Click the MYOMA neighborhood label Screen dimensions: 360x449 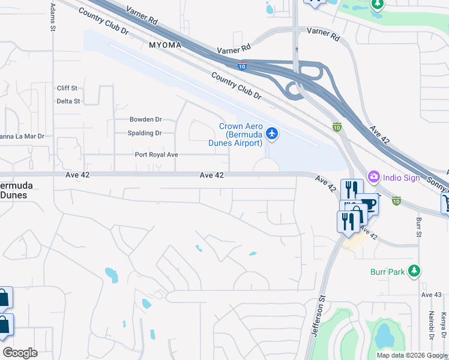click(164, 45)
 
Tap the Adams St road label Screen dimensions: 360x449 click(53, 17)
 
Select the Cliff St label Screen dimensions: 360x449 click(67, 88)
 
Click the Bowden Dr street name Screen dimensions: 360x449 click(146, 119)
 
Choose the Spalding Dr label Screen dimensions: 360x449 click(145, 133)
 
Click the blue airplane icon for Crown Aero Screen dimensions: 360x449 click(272, 133)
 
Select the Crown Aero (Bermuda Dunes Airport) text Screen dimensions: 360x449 click(240, 134)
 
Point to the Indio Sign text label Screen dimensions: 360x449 click(402, 176)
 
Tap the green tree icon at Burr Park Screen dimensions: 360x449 click(413, 271)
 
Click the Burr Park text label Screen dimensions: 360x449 click(388, 271)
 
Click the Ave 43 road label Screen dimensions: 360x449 click(431, 295)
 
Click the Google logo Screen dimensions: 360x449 click(20, 353)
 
